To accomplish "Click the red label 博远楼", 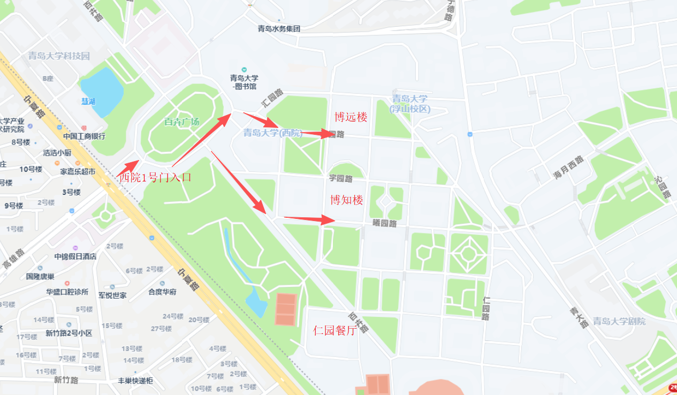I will [351, 117].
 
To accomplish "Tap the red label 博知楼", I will [346, 200].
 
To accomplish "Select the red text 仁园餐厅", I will [334, 330].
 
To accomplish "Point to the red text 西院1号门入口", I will [155, 178].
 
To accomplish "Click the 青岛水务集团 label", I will [279, 29].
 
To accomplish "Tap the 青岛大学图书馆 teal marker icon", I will [245, 70].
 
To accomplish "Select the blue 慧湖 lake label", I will [88, 102].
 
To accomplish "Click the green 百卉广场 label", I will [181, 121].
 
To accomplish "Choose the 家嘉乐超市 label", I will [78, 172].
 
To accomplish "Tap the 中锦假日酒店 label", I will [75, 256].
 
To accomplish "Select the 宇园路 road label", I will [341, 178].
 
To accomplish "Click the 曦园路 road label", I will [384, 223].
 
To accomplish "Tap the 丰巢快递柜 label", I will [135, 381].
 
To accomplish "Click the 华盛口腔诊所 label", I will [67, 292].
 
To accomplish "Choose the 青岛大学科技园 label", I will [59, 56].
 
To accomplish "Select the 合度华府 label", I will [162, 292].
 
